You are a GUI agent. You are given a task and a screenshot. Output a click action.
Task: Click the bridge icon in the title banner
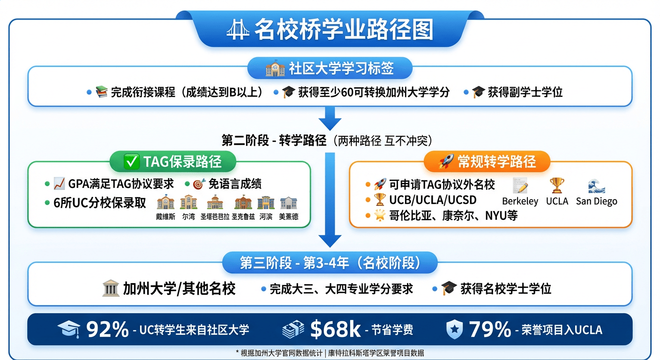pos(237,30)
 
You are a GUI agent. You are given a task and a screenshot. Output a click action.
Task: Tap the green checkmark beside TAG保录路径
pos(131,162)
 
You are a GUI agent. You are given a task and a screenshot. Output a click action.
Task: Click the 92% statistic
pos(107,330)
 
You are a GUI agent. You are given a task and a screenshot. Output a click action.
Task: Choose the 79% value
pos(489,330)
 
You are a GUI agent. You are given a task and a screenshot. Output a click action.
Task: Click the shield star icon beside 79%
pos(453,330)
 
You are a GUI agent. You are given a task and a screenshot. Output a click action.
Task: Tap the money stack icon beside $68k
pos(293,330)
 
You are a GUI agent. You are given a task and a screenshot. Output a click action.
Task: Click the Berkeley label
pos(520,201)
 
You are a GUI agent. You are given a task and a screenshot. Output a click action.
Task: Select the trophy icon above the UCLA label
pos(557,186)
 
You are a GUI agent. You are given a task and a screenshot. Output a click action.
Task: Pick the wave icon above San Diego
pos(596,186)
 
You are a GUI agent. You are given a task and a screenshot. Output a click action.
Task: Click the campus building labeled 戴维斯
pos(165,203)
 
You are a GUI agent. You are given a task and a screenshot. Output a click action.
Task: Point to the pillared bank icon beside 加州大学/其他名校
pos(110,288)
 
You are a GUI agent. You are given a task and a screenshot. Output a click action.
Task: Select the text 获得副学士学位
pos(525,92)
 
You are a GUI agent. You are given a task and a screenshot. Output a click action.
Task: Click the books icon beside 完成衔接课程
pos(101,92)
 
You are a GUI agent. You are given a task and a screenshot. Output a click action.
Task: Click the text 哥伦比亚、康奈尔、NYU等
pos(453,216)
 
